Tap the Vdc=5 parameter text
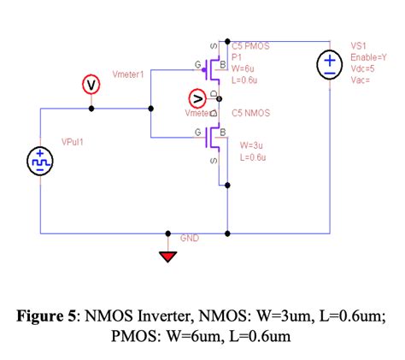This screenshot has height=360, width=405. [362, 68]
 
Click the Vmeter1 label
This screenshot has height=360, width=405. [129, 75]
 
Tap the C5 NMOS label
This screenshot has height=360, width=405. [251, 112]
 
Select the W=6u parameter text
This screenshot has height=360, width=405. [244, 68]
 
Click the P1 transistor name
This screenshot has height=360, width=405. [237, 56]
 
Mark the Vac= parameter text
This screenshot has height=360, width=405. [360, 79]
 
